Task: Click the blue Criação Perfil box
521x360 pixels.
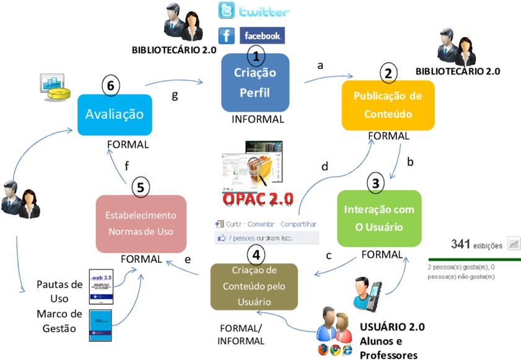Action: tap(255, 83)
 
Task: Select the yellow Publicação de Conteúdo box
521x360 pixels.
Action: tap(387, 105)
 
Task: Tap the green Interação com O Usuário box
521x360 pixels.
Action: tap(379, 218)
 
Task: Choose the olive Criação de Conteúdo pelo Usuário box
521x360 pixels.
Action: tap(254, 286)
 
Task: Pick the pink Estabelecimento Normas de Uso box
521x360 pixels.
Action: tap(141, 224)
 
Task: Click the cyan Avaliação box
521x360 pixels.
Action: tap(114, 115)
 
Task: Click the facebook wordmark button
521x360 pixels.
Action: tap(262, 36)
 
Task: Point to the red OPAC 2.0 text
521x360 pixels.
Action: tap(258, 200)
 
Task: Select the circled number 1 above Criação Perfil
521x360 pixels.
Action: tap(256, 55)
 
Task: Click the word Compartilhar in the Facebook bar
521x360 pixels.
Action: tap(298, 224)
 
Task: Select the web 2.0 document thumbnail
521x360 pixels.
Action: tap(101, 286)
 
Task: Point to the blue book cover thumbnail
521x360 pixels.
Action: tap(100, 325)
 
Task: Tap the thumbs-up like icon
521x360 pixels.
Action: tap(221, 237)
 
